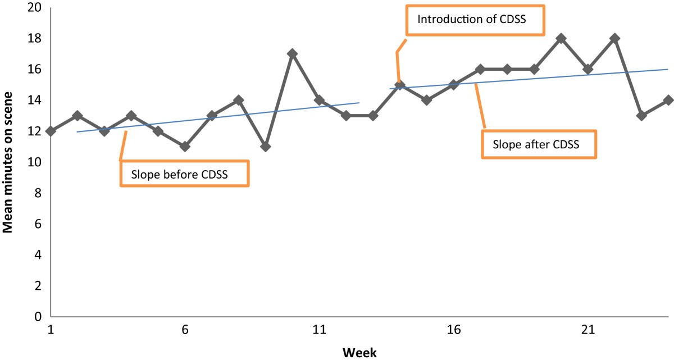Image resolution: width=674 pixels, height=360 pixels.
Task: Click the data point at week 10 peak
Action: [292, 54]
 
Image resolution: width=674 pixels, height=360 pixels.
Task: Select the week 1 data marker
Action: [51, 131]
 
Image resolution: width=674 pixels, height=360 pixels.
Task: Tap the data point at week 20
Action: [561, 38]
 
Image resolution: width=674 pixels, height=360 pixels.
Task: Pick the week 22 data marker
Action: [614, 38]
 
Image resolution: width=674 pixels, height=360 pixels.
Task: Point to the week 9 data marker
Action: [266, 147]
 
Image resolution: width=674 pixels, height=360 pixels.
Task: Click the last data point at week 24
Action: [668, 100]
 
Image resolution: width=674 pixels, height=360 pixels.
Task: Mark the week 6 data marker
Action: [185, 147]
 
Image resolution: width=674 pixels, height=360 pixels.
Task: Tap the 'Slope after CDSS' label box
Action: [539, 144]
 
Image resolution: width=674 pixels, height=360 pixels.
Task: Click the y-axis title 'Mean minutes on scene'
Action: [8, 163]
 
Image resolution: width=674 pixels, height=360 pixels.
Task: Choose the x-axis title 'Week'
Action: [359, 352]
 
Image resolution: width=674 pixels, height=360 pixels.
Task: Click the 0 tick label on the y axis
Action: [38, 316]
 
